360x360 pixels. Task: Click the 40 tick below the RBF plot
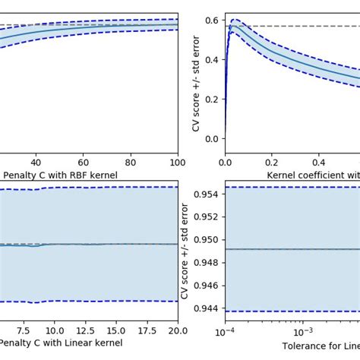click(x=36, y=162)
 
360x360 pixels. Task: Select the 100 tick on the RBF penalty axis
click(x=177, y=162)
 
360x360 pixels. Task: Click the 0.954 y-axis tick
click(x=206, y=194)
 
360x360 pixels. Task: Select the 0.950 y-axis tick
click(x=206, y=240)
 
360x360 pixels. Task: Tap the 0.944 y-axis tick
click(x=206, y=308)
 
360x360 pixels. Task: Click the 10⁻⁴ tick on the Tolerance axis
click(x=225, y=332)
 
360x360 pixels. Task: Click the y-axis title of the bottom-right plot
click(x=185, y=251)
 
